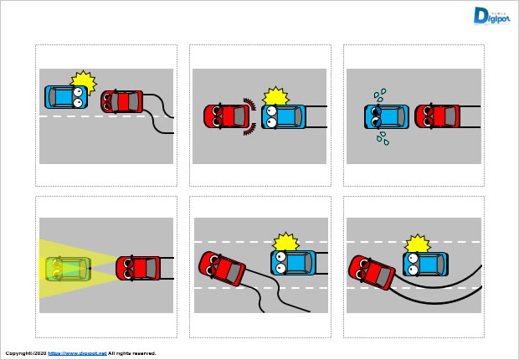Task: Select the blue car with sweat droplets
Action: click(x=387, y=116)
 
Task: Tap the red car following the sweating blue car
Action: click(x=438, y=116)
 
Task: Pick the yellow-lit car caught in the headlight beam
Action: click(x=67, y=269)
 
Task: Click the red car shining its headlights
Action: click(x=137, y=268)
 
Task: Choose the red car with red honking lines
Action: click(x=224, y=116)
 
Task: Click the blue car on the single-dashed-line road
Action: click(x=65, y=96)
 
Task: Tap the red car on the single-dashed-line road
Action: click(x=122, y=101)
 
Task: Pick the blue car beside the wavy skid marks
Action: click(x=293, y=262)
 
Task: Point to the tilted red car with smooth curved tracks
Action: click(x=372, y=271)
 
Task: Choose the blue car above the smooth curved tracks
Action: click(x=425, y=265)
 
